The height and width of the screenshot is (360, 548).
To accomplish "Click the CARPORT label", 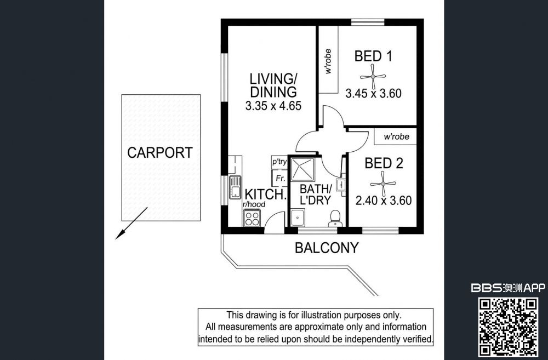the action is (159, 152).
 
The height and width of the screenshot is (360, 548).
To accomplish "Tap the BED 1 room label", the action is (373, 56).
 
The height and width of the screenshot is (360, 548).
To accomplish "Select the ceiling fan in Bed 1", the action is (373, 77).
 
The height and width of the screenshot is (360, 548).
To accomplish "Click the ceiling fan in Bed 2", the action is (383, 184).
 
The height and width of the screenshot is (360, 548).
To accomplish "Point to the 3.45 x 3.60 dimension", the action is (373, 93).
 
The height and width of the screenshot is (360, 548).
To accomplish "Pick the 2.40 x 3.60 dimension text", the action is (384, 201).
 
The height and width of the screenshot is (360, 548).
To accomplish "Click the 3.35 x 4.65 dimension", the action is (273, 106).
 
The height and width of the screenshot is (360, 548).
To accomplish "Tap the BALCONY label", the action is (327, 248).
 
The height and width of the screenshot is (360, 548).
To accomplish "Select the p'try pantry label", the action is (279, 162).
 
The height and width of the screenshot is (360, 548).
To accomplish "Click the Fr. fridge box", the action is (279, 178).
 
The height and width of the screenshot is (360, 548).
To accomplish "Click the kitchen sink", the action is (235, 187).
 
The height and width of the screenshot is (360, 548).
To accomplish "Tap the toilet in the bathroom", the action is (335, 219).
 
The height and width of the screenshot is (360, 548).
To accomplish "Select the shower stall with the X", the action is (303, 169).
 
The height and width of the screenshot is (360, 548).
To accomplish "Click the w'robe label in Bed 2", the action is (396, 136).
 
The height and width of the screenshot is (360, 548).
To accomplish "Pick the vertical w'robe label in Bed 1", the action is (328, 61).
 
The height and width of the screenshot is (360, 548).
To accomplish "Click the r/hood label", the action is (254, 204).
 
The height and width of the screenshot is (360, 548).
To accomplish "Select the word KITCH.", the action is (266, 195).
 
